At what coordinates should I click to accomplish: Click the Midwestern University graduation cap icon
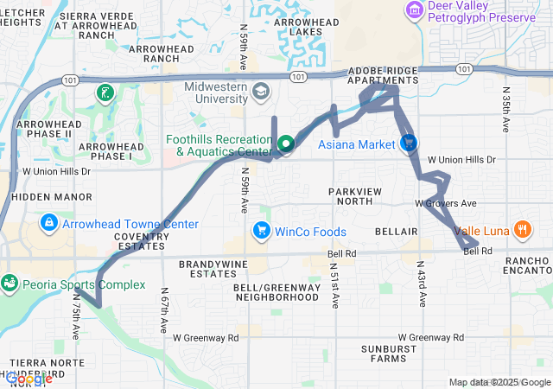(260, 90)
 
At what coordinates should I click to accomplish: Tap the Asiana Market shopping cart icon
(409, 143)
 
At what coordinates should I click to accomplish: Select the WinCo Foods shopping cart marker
(260, 231)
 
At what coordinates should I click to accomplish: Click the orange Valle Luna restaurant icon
(521, 229)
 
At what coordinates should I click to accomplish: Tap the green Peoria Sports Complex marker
(10, 284)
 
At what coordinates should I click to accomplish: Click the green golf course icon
(105, 92)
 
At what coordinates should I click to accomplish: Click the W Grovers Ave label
(446, 203)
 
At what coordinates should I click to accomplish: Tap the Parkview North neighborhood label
(350, 195)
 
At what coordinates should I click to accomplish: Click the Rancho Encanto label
(528, 266)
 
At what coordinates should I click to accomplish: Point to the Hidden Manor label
(40, 197)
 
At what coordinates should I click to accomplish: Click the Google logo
(29, 379)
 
